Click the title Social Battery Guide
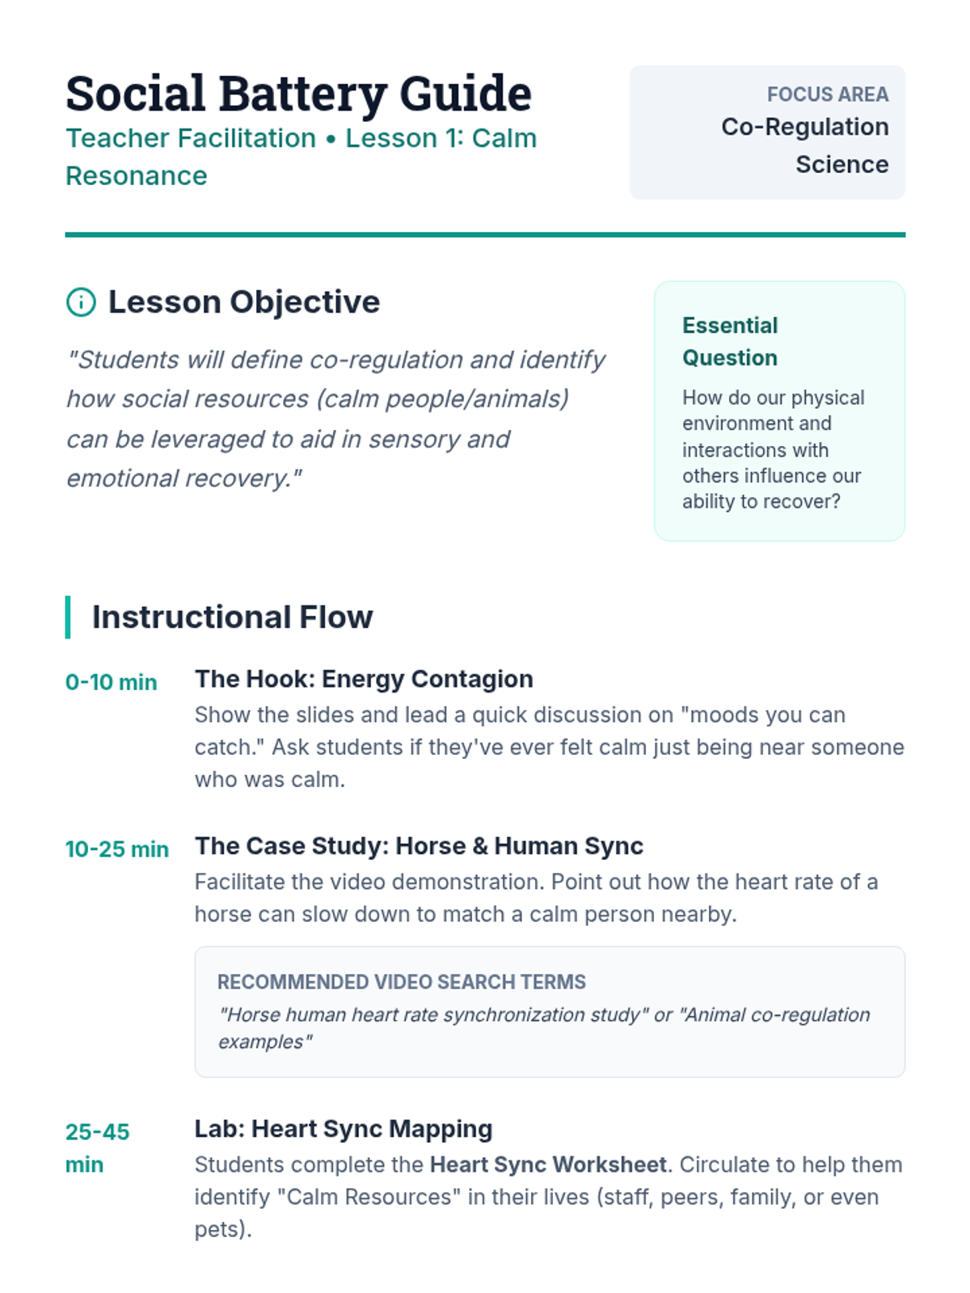click(298, 95)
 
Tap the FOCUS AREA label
click(828, 95)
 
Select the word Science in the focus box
click(842, 164)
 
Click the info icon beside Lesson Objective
click(81, 302)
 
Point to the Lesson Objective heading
click(244, 302)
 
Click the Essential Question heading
click(730, 342)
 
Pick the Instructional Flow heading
click(233, 617)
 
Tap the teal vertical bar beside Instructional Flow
click(68, 617)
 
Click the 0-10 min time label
click(112, 682)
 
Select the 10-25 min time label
click(117, 849)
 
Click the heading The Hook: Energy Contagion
click(364, 679)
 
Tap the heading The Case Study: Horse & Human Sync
click(419, 846)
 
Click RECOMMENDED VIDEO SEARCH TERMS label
click(402, 982)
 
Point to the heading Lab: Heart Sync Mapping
click(344, 1129)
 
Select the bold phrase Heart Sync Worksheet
click(548, 1165)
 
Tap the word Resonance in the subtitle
click(137, 175)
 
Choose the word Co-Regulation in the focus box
click(805, 127)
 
